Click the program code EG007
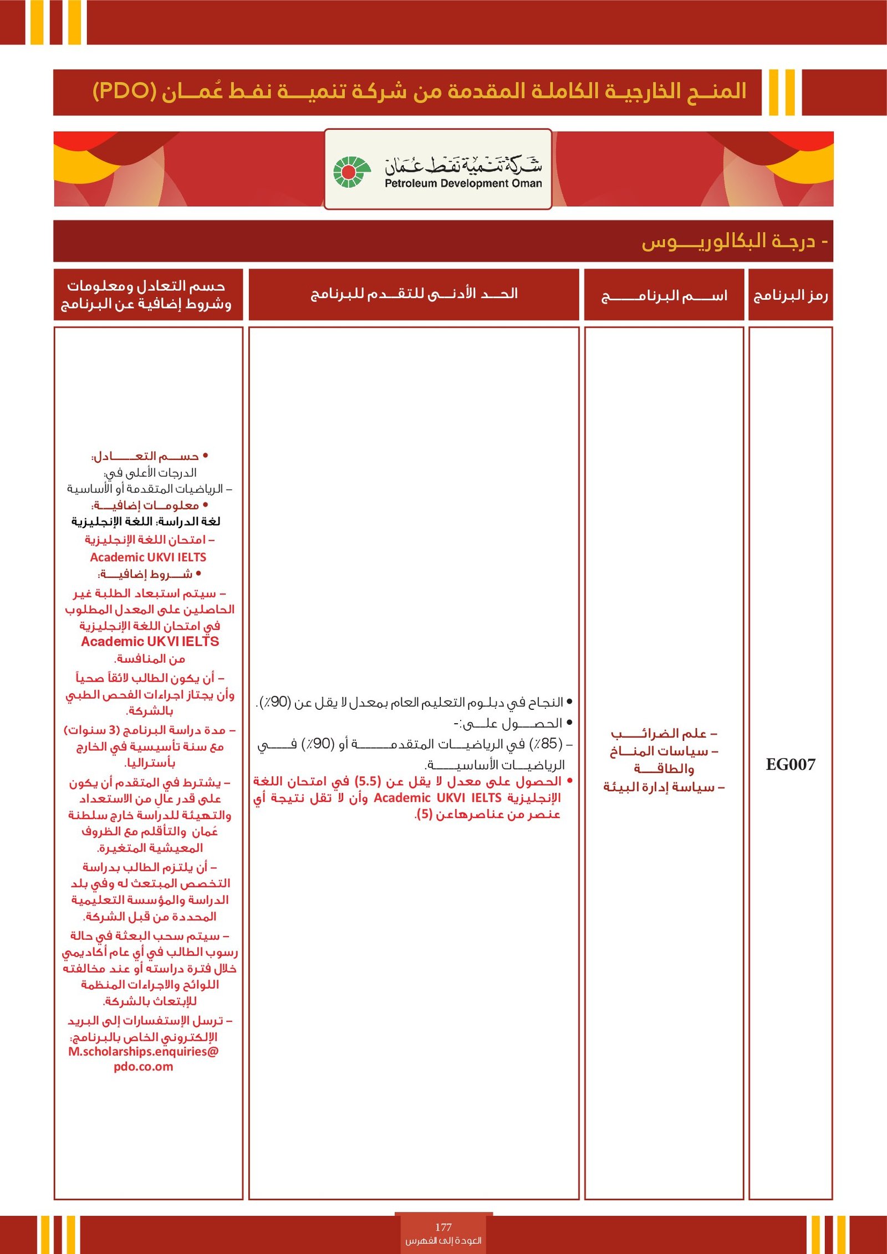click(790, 765)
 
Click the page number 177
click(443, 1227)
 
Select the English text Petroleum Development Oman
click(463, 183)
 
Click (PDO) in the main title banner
click(125, 91)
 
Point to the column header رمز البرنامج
click(790, 295)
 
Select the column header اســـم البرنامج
click(664, 296)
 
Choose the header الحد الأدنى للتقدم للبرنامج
click(414, 294)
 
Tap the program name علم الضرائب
click(664, 734)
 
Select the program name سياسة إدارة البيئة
click(664, 787)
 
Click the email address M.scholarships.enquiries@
click(144, 1051)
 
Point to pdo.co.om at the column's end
click(144, 1067)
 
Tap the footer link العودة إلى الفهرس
click(443, 1240)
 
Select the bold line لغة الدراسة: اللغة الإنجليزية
click(146, 521)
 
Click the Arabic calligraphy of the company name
click(463, 164)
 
